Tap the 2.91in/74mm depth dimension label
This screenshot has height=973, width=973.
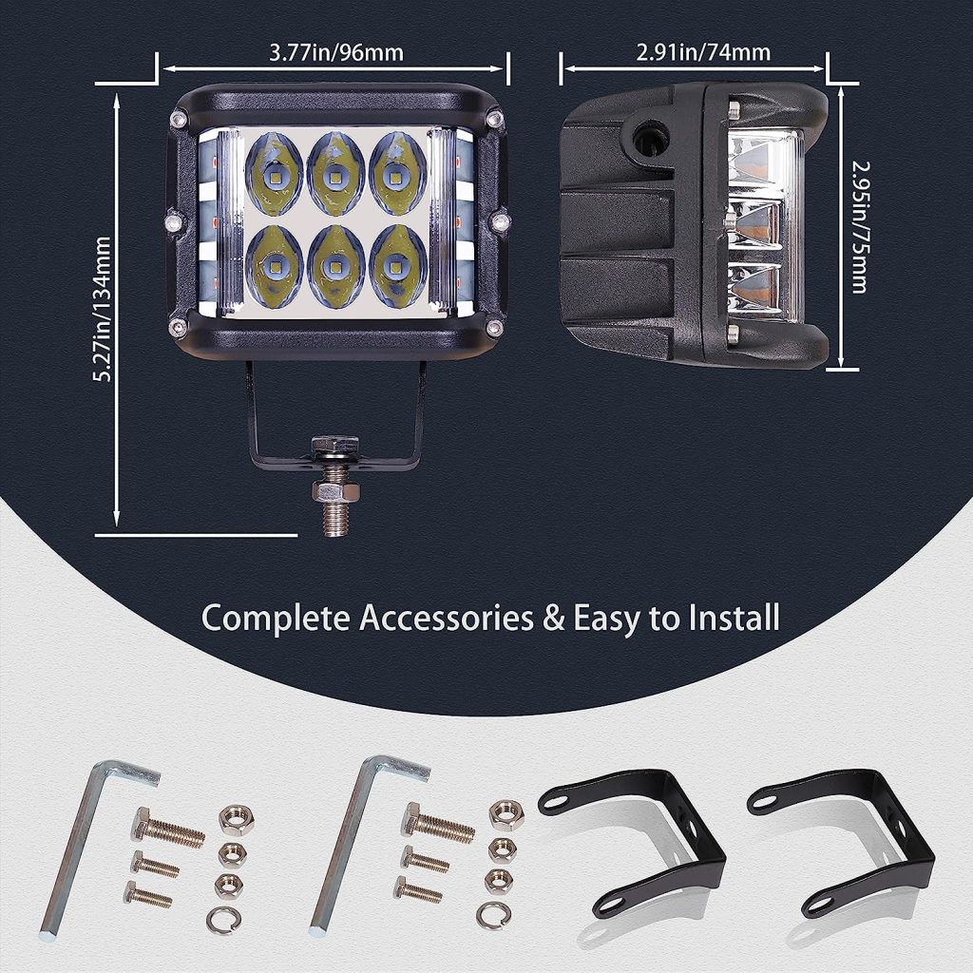pos(703,52)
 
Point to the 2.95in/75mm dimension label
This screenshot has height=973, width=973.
pos(858,226)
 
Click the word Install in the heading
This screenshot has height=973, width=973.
pos(729,618)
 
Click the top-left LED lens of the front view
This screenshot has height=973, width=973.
pos(274,174)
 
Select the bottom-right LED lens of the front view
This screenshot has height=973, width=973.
pos(397,265)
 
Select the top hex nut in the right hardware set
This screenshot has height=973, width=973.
pos(506,815)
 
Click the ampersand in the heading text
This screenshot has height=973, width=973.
pos(551,619)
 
